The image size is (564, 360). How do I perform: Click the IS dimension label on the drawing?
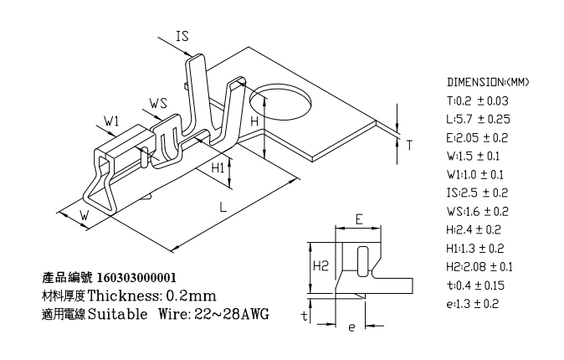click(x=182, y=36)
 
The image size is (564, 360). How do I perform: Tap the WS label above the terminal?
click(x=159, y=103)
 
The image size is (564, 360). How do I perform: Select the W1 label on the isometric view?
click(x=111, y=121)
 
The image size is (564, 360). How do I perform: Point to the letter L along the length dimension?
click(x=223, y=207)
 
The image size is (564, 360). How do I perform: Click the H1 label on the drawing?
click(x=218, y=167)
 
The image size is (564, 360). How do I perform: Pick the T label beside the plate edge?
click(x=409, y=145)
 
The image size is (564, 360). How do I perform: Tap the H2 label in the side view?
click(x=320, y=265)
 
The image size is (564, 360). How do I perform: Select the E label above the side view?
click(x=359, y=219)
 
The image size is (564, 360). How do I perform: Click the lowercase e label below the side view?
click(x=351, y=327)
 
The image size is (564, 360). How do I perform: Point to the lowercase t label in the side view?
click(x=305, y=316)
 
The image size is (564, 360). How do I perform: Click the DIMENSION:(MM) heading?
click(x=488, y=82)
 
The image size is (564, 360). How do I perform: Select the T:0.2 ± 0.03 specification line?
click(x=478, y=100)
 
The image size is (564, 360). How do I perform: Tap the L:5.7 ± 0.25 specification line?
click(x=479, y=119)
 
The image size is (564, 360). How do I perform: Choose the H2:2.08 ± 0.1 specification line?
click(x=479, y=267)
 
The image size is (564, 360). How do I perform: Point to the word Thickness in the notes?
click(x=123, y=296)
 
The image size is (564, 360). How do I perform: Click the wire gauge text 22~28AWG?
click(x=232, y=314)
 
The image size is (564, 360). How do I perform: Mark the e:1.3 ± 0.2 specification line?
click(x=473, y=304)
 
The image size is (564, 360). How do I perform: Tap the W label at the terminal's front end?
click(x=85, y=215)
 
